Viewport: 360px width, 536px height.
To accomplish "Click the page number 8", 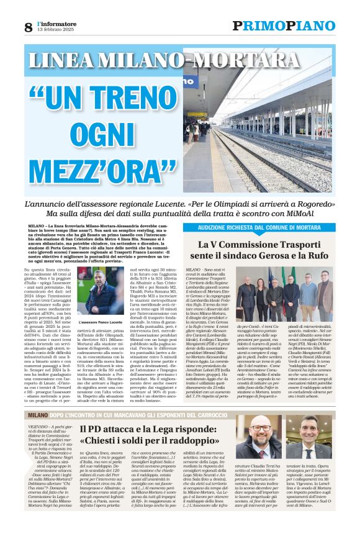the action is click(x=29, y=27).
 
